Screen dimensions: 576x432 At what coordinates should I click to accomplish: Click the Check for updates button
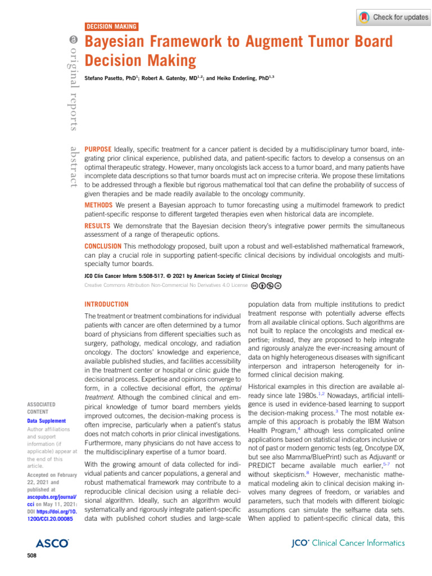(x=393, y=17)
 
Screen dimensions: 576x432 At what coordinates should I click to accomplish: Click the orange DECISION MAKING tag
(x=111, y=26)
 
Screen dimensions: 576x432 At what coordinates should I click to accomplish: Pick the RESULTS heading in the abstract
(x=97, y=226)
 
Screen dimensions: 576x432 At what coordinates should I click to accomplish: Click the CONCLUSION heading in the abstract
(x=102, y=246)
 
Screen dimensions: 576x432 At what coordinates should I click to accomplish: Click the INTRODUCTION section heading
(x=106, y=304)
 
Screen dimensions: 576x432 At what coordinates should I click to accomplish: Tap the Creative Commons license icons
(x=263, y=286)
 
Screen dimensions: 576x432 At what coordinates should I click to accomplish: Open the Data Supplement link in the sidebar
(x=46, y=421)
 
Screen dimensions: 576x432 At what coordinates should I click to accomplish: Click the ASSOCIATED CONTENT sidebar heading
(x=41, y=408)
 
